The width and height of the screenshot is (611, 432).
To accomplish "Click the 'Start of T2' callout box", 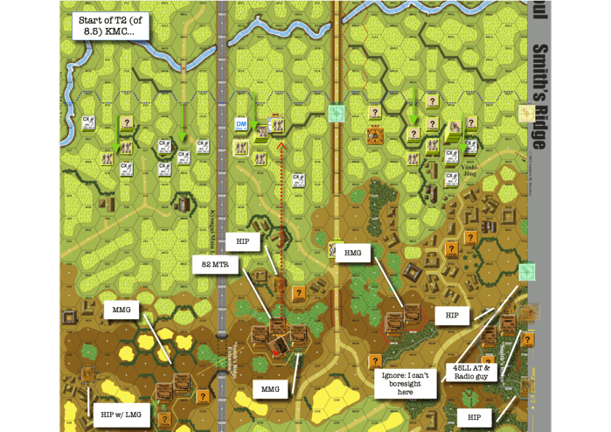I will (x=109, y=25).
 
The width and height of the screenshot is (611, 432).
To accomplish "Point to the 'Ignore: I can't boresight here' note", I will (x=405, y=381).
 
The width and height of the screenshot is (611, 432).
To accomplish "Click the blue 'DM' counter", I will (x=242, y=124).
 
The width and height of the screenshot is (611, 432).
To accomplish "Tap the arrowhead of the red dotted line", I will (x=281, y=145).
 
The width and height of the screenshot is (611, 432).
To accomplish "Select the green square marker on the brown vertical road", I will (x=337, y=114).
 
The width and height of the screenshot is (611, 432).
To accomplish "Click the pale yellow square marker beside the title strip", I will (x=526, y=113).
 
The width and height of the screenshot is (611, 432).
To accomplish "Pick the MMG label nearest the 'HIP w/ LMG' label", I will (x=122, y=310).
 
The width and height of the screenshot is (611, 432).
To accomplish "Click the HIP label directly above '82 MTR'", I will (x=243, y=240).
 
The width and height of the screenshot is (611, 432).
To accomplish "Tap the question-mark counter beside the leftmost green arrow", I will (x=128, y=123).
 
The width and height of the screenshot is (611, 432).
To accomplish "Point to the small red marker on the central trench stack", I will (x=275, y=352).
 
